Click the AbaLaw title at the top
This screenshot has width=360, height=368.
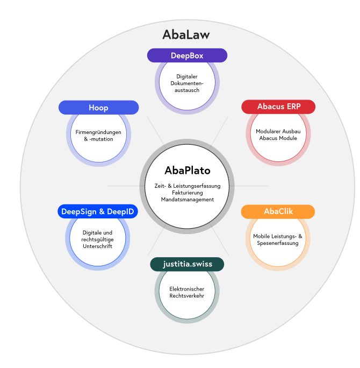[x=186, y=34]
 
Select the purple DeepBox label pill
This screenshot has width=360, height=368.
[x=187, y=55]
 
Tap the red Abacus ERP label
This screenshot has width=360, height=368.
[x=278, y=107]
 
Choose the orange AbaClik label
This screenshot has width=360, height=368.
[x=278, y=211]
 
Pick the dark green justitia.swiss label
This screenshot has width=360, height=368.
[x=187, y=264]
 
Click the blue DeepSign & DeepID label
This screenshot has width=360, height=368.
[x=98, y=211]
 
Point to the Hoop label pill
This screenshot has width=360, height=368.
[x=99, y=108]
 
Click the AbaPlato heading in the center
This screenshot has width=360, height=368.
[x=188, y=171]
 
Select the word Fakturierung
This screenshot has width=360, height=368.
[x=188, y=193]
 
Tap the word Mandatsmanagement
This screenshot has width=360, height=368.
[x=188, y=200]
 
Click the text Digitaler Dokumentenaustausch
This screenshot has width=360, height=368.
[x=187, y=83]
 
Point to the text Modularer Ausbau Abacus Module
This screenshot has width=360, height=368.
[x=278, y=135]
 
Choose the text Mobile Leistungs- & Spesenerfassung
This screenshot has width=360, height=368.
[x=278, y=239]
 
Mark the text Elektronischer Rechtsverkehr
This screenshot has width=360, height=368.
[x=187, y=292]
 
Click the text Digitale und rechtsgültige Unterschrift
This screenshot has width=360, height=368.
[x=97, y=239]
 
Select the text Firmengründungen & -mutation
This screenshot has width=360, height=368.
[x=98, y=136]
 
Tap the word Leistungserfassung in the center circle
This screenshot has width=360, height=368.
[x=197, y=186]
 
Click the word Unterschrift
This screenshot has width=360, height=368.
[x=97, y=246]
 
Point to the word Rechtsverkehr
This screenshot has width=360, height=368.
[x=187, y=296]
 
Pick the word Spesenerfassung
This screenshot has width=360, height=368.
[x=278, y=243]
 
